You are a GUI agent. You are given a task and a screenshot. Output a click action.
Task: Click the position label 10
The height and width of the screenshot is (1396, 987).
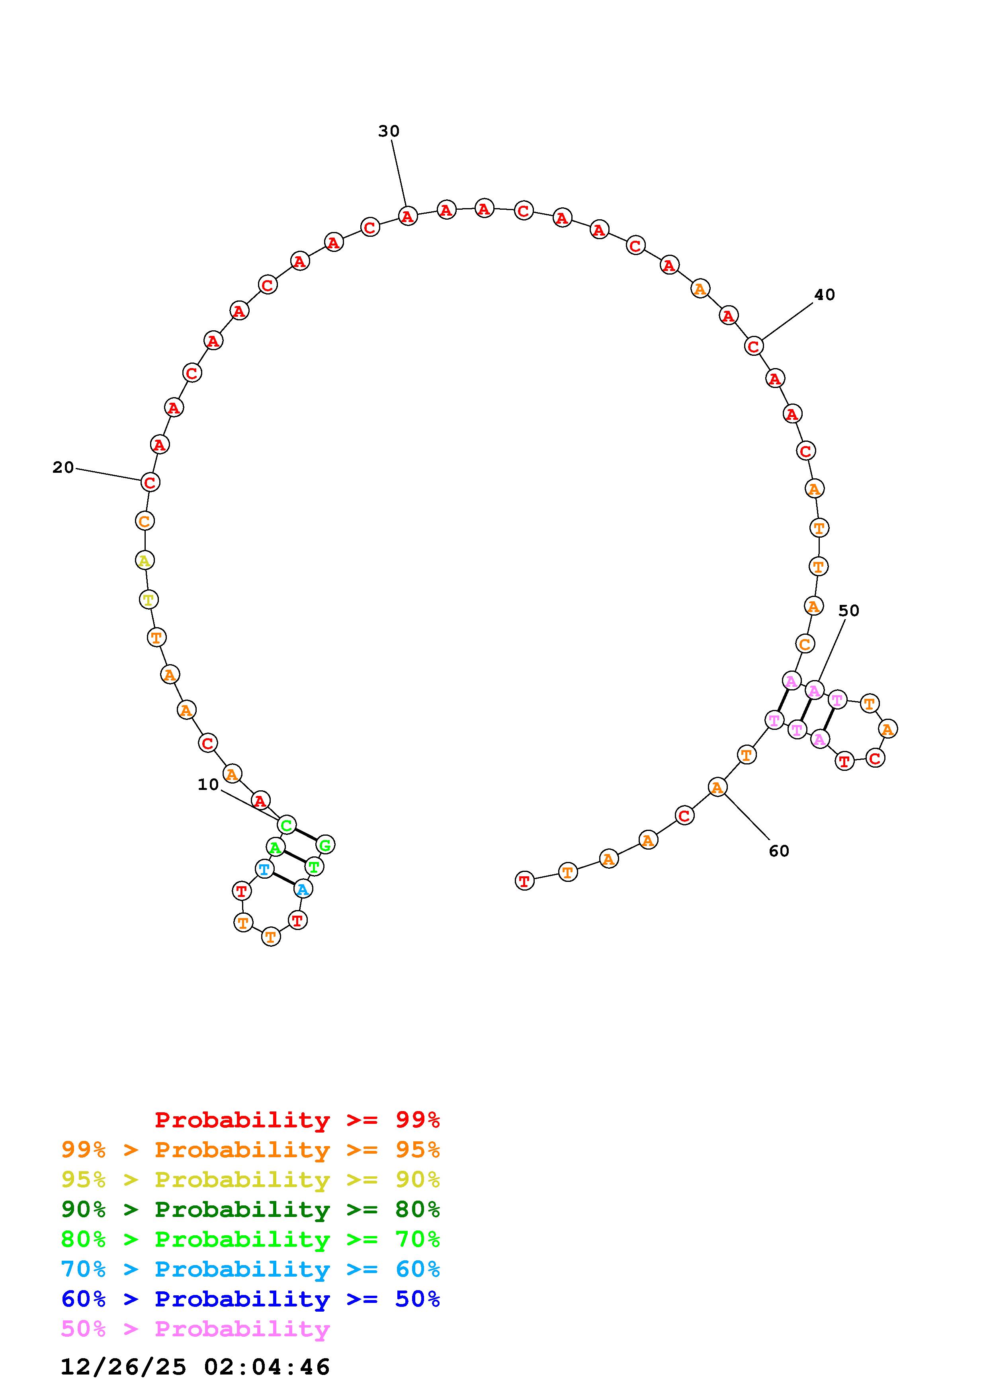(208, 785)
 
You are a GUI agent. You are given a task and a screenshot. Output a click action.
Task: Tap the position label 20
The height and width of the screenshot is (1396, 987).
(63, 468)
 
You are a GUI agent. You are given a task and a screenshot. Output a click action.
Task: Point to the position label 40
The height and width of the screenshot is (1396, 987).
(825, 295)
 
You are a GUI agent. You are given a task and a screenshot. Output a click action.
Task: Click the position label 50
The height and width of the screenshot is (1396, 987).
(849, 611)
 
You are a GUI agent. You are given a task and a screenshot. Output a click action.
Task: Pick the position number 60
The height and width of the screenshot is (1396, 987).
(779, 851)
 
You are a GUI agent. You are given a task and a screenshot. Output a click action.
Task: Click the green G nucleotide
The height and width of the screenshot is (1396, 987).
(325, 844)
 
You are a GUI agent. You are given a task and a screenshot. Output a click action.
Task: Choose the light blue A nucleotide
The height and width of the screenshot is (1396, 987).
(303, 889)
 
